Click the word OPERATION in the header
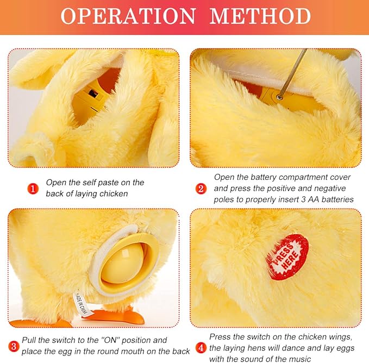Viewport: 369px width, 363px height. [x=128, y=16]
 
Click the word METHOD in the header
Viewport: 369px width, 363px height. [x=260, y=16]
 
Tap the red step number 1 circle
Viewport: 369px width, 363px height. [x=33, y=189]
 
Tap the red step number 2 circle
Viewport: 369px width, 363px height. [x=201, y=189]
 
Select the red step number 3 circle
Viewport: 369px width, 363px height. [x=14, y=346]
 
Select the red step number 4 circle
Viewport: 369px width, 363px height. [x=201, y=348]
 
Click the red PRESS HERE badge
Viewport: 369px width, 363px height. [x=287, y=257]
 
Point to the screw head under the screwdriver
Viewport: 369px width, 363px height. [x=279, y=97]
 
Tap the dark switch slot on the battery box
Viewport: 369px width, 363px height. [x=93, y=93]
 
